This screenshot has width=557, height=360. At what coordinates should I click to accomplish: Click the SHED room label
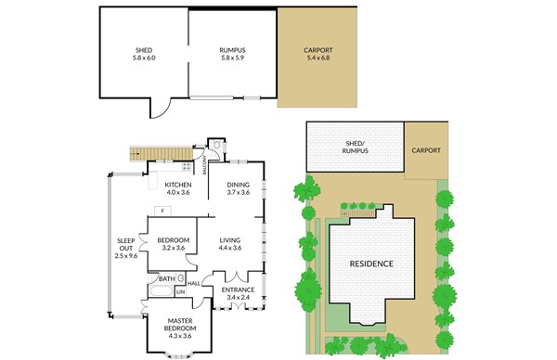pyautogui.click(x=144, y=54)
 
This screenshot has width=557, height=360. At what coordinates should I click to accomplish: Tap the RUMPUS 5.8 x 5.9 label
pyautogui.click(x=232, y=54)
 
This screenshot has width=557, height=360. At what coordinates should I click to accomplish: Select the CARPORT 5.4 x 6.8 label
pyautogui.click(x=318, y=54)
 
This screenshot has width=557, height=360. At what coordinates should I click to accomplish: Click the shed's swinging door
pyautogui.click(x=161, y=109)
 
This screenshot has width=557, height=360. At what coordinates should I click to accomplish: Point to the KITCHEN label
pyautogui.click(x=178, y=185)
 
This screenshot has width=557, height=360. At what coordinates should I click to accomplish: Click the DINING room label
pyautogui.click(x=239, y=185)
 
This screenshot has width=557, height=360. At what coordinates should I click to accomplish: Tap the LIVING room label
pyautogui.click(x=230, y=240)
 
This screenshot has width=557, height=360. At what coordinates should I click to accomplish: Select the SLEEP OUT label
pyautogui.click(x=126, y=245)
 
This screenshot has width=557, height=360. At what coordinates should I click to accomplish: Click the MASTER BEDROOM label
pyautogui.click(x=180, y=325)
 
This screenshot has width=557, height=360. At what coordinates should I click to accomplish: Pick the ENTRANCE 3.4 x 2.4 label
pyautogui.click(x=238, y=293)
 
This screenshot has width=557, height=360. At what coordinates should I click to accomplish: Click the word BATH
pyautogui.click(x=166, y=279)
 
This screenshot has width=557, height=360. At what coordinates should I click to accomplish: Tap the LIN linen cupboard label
pyautogui.click(x=180, y=292)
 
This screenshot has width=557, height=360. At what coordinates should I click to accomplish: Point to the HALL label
pyautogui.click(x=194, y=284)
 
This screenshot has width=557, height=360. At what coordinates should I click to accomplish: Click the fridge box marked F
pyautogui.click(x=162, y=211)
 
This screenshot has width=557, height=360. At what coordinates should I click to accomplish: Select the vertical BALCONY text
pyautogui.click(x=204, y=165)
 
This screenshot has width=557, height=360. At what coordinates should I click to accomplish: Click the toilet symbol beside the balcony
pyautogui.click(x=216, y=146)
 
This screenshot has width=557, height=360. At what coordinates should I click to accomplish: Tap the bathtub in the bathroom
pyautogui.click(x=162, y=291)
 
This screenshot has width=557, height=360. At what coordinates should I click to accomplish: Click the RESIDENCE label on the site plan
pyautogui.click(x=371, y=264)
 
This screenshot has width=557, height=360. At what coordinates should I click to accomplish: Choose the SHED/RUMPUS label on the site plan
pyautogui.click(x=356, y=147)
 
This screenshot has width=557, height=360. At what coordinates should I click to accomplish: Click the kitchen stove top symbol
pyautogui.click(x=187, y=166)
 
